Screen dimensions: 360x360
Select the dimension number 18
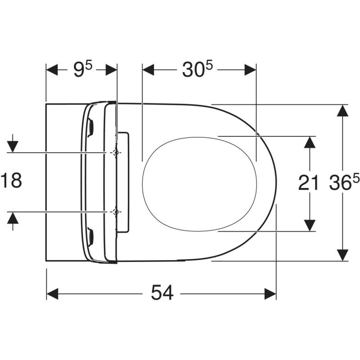point(11,181)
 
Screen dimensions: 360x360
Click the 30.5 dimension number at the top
point(198,70)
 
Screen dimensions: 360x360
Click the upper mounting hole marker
point(116,153)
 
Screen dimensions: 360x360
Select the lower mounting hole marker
point(116,211)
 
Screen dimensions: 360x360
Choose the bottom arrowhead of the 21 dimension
point(309,225)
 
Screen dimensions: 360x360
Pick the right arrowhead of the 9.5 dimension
point(111,70)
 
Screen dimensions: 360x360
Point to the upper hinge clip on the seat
point(91,126)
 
